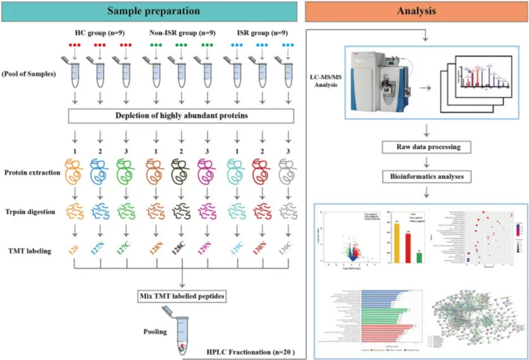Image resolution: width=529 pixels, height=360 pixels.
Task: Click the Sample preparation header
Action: coord(153,10)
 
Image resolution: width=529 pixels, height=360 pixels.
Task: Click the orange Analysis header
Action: coord(416,10)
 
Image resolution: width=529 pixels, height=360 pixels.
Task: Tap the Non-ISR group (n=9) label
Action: coord(182,33)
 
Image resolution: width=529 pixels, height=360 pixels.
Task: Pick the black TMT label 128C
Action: coord(181,248)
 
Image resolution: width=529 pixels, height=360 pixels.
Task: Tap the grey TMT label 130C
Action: coord(286,248)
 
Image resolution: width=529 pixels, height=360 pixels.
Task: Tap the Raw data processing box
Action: coord(426,147)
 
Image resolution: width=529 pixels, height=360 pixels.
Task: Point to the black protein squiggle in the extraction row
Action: coord(181,172)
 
